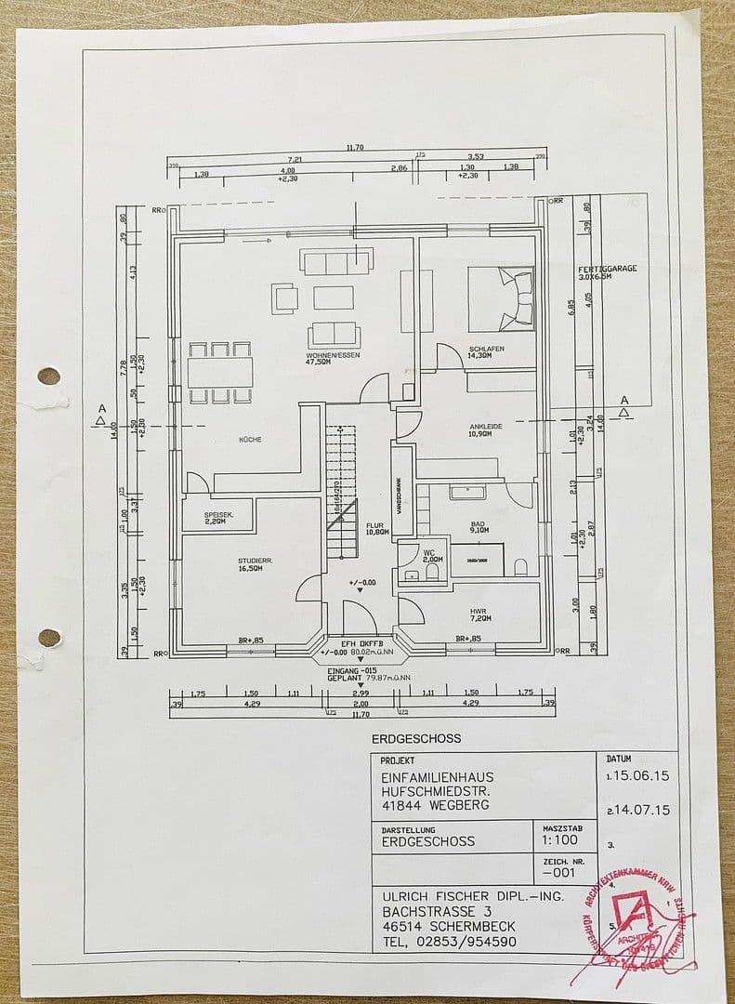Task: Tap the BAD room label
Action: click(478, 527)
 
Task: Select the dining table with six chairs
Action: click(220, 373)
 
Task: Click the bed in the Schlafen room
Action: click(500, 298)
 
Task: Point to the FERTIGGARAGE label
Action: click(607, 269)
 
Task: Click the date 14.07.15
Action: click(641, 811)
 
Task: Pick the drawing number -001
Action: click(559, 874)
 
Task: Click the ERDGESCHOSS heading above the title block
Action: click(415, 739)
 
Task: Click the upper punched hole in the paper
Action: click(48, 376)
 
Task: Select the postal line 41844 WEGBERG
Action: click(435, 805)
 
